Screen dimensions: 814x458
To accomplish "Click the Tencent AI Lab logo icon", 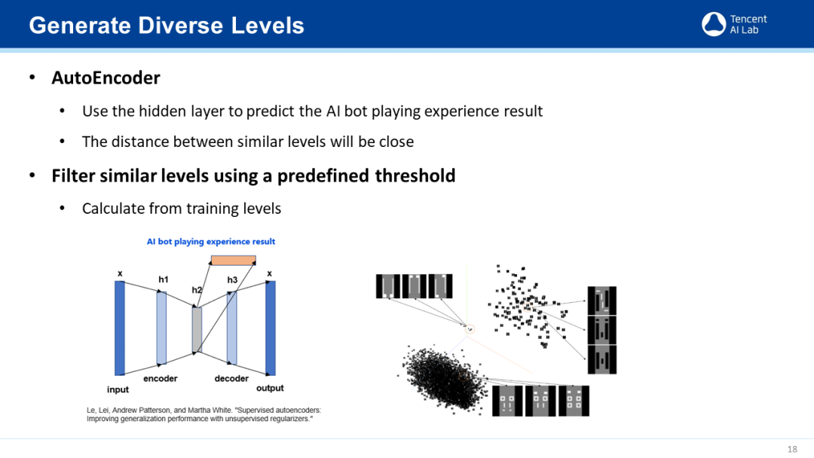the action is [x=714, y=24].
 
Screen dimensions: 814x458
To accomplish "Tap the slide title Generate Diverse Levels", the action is [x=167, y=26].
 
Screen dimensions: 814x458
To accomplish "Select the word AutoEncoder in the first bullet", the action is [x=106, y=78].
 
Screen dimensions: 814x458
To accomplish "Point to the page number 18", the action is [x=792, y=449].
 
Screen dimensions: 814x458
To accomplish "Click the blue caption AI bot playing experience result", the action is [x=211, y=242].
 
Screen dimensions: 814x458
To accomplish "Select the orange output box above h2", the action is [x=233, y=261].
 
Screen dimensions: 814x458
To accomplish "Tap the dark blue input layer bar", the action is [x=120, y=328].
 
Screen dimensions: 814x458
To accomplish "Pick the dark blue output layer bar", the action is [x=271, y=328].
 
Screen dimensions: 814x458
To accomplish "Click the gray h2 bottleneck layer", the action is [x=197, y=330].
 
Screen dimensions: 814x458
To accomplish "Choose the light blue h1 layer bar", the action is [x=161, y=328].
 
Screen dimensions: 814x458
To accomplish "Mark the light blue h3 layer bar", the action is [x=232, y=328].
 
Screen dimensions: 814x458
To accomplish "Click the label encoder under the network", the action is [x=161, y=379].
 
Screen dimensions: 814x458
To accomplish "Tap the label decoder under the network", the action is [x=231, y=379].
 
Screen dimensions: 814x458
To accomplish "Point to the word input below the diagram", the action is [x=118, y=389].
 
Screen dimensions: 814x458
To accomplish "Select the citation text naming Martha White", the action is [x=204, y=414].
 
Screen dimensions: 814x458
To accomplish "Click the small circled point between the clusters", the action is [x=470, y=329].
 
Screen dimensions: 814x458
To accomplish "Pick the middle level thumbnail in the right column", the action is [x=602, y=330].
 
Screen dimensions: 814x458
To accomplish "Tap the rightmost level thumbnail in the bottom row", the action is [x=574, y=401].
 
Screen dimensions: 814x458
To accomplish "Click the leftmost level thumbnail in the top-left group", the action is [x=388, y=286].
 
